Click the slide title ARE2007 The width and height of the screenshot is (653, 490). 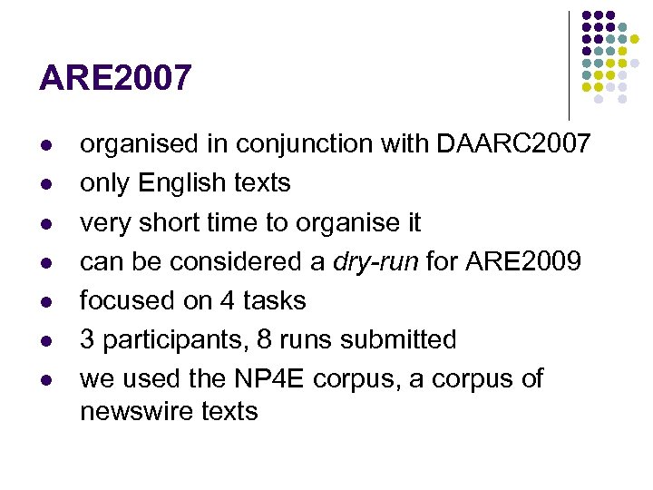pos(115,78)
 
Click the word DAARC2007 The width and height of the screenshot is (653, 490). pos(513,143)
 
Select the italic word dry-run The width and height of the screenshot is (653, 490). pos(375,261)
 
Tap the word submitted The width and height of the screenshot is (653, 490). pos(397,340)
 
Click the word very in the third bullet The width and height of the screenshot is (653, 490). pos(104,222)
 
